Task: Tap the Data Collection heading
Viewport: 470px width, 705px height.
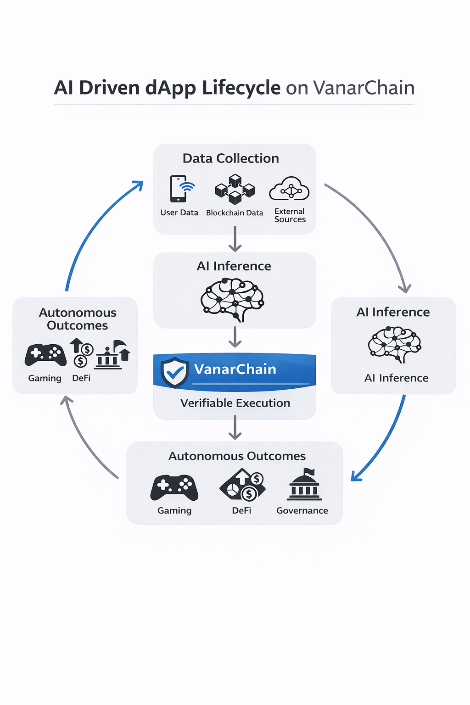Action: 230,158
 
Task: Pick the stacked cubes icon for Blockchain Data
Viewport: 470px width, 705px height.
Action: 235,189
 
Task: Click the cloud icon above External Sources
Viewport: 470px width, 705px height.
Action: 289,189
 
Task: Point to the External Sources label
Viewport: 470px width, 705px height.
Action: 290,215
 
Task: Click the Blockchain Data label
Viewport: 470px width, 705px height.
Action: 235,213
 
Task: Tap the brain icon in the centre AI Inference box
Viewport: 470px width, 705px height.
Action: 233,299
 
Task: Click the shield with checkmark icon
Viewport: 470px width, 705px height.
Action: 174,372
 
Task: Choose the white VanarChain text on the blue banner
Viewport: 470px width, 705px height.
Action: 235,369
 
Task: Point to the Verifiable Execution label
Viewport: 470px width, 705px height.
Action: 235,403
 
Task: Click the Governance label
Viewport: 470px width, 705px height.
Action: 302,510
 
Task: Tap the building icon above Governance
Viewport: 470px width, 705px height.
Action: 304,485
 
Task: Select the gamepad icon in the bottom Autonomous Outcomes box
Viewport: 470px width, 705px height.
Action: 174,487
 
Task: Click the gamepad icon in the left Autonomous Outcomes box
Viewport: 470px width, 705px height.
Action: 45,355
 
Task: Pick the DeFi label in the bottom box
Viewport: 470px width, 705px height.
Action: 241,510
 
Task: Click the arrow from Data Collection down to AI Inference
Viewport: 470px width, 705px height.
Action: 235,239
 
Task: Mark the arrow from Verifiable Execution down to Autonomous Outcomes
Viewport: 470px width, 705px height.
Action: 235,427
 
